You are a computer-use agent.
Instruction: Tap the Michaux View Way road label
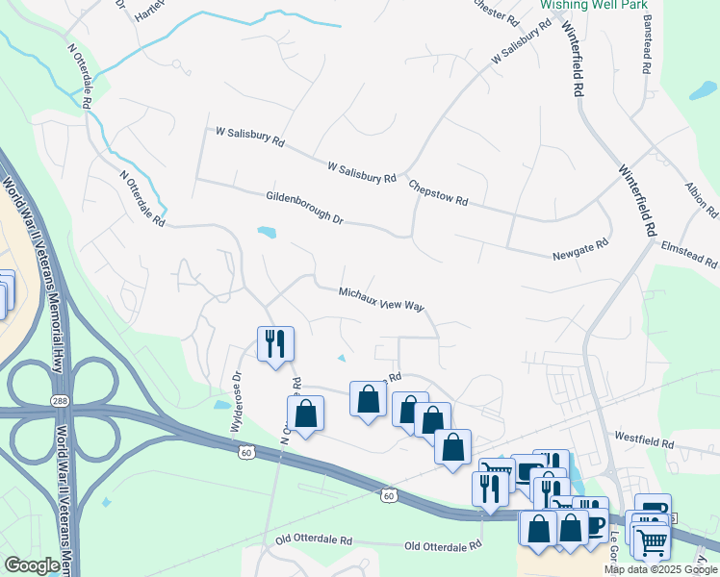tap(382, 298)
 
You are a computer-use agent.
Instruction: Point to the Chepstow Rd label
tap(438, 193)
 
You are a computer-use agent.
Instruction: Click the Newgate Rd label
tap(580, 248)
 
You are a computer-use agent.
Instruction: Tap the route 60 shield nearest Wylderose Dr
tap(246, 450)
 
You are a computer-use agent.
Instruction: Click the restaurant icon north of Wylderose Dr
tap(275, 343)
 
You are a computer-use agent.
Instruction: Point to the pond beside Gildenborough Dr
tap(267, 232)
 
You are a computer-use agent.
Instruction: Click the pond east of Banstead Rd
tap(704, 92)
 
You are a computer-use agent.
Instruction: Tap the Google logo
tap(32, 565)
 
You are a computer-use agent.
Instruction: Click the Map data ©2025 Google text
tap(660, 569)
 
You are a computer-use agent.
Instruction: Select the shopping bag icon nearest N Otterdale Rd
tap(306, 414)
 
